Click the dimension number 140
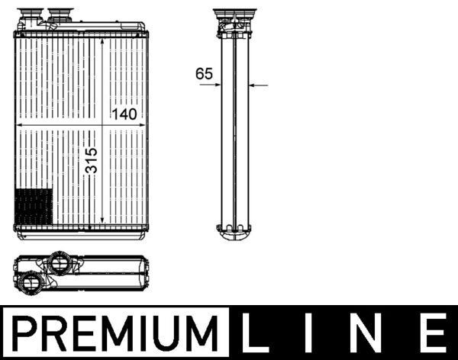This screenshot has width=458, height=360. coord(124,115)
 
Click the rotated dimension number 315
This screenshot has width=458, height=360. coord(92,161)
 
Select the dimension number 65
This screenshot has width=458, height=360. coord(204,74)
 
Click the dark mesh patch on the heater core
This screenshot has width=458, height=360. coord(34,207)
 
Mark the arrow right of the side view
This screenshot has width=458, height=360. coord(259,85)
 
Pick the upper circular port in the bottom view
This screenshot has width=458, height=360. coord(60,264)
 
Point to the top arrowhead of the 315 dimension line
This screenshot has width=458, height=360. coord(102,38)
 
